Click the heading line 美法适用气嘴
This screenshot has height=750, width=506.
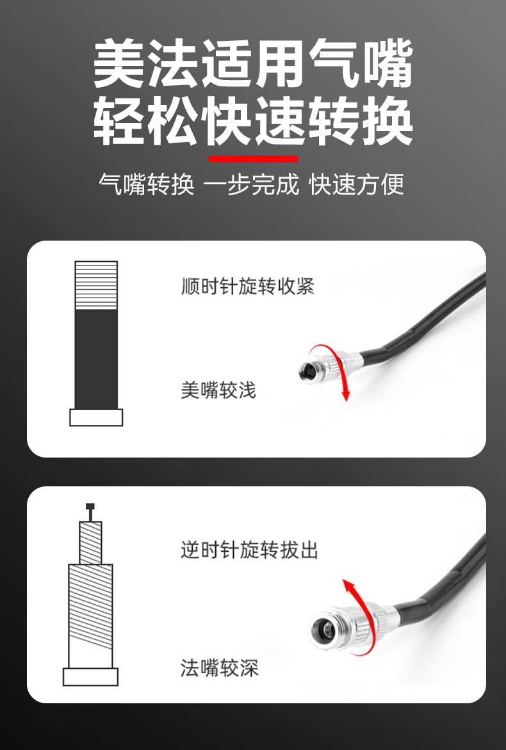[253, 63]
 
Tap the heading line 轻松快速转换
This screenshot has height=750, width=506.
[253, 121]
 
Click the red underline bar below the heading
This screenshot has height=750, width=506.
[253, 159]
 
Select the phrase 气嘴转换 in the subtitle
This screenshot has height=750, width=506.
[147, 184]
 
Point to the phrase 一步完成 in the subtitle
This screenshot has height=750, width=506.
[252, 184]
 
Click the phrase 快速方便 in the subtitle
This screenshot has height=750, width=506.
[357, 184]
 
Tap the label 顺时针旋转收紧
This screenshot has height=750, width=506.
[247, 286]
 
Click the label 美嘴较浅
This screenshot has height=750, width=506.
[218, 390]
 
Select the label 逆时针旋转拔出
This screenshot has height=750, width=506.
[249, 550]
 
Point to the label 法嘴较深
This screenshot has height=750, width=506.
[219, 667]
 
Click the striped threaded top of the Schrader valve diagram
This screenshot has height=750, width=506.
[96, 285]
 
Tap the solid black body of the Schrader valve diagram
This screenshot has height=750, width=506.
[96, 359]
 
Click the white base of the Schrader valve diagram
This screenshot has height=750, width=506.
[96, 418]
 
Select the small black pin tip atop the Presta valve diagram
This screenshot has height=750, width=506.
[90, 507]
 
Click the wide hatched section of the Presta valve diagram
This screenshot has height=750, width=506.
[90, 607]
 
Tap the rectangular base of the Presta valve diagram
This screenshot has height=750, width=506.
[90, 677]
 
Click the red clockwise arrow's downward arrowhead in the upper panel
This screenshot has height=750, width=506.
[346, 395]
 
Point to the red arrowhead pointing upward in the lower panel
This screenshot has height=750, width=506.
[348, 586]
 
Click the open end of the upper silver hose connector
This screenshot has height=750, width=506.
[307, 371]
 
